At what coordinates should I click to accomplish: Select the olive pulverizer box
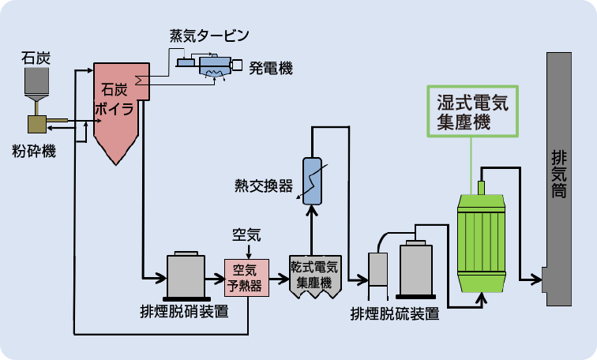36,123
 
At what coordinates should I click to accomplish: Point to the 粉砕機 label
34,151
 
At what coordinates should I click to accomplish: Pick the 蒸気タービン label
209,36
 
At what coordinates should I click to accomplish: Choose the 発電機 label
270,68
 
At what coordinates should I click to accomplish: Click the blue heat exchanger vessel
313,181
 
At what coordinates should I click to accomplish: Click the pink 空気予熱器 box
247,277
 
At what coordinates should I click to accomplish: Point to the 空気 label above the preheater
246,234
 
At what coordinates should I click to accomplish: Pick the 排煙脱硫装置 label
395,313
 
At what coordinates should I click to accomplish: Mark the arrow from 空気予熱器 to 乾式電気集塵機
280,278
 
